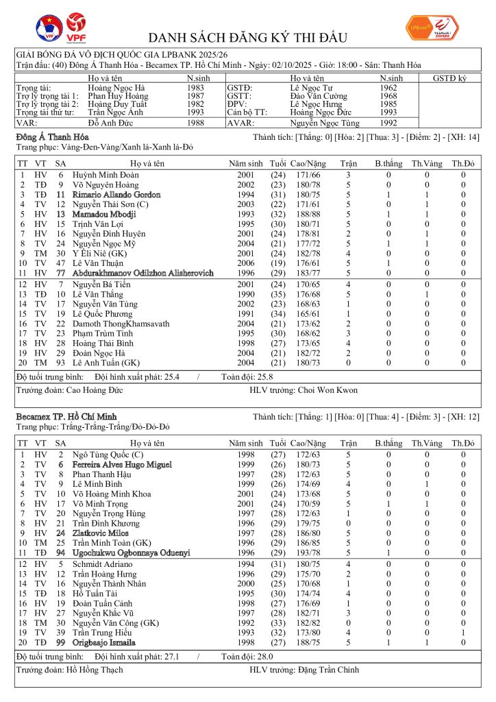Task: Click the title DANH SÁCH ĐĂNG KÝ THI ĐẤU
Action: (x=248, y=37)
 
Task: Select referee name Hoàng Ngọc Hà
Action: (x=116, y=88)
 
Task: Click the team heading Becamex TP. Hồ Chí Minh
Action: (x=66, y=416)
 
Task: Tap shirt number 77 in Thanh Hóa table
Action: (x=60, y=273)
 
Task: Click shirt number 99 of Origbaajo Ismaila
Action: (x=60, y=642)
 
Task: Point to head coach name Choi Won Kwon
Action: (x=328, y=390)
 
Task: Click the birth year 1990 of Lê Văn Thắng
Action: (x=246, y=293)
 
